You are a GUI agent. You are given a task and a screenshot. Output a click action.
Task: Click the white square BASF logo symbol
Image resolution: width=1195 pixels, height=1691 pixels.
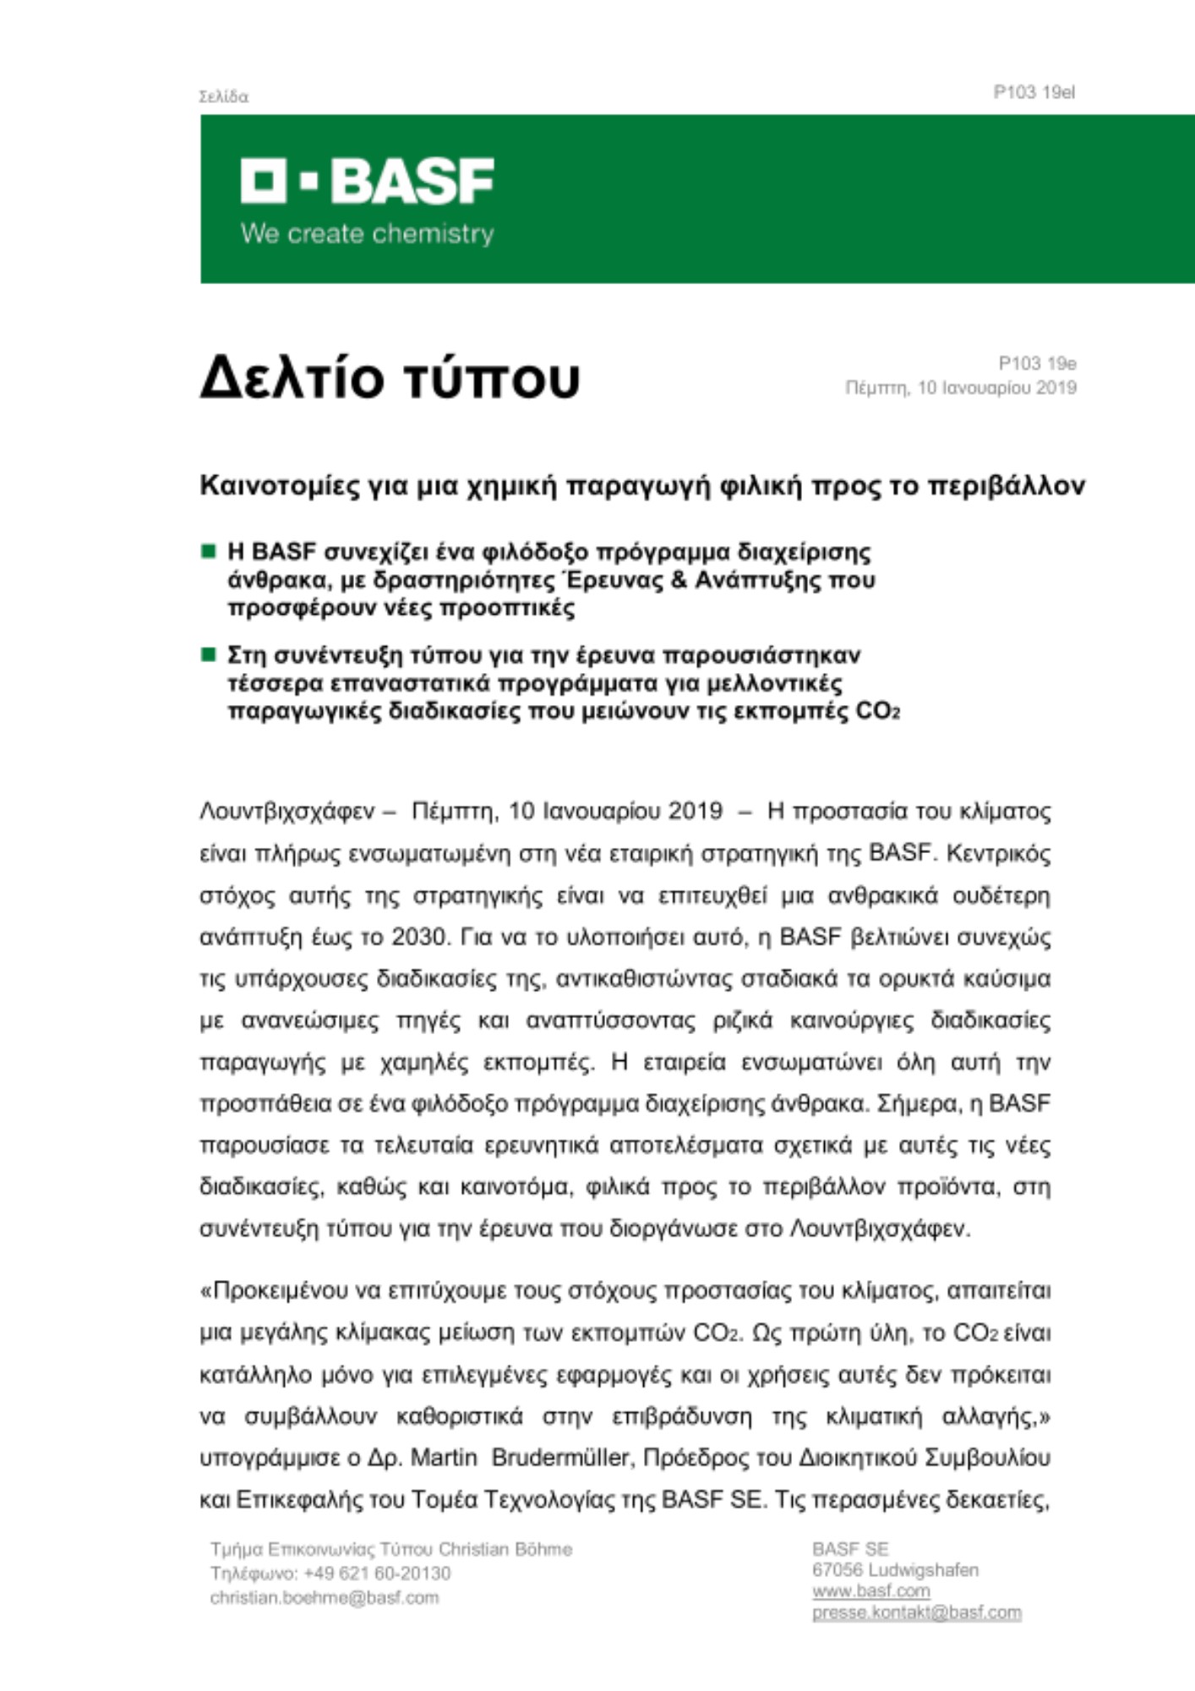263,180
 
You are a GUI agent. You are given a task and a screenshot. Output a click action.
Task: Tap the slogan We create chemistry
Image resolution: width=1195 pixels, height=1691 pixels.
367,233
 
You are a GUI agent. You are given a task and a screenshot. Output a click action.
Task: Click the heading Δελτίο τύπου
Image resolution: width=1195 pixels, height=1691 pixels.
390,378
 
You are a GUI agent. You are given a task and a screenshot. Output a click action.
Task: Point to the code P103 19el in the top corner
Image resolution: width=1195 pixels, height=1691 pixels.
1034,92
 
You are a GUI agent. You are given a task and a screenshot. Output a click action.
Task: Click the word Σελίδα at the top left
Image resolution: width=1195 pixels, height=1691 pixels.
223,97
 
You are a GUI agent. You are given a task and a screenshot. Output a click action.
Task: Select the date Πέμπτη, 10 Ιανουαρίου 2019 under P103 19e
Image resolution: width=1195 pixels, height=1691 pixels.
961,388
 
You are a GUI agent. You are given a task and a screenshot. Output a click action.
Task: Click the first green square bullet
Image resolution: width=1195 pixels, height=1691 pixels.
208,552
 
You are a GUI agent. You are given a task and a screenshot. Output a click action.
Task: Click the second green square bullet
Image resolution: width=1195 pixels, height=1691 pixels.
208,654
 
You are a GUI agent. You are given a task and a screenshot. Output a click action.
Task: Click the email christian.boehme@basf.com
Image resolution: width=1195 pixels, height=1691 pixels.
325,1597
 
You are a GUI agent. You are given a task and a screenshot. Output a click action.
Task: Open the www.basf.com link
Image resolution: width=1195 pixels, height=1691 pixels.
870,1591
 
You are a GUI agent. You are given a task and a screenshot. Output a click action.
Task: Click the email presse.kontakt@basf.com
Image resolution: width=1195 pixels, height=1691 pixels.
916,1612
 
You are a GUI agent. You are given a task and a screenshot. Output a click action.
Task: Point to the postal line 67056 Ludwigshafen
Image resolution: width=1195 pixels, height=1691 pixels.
895,1570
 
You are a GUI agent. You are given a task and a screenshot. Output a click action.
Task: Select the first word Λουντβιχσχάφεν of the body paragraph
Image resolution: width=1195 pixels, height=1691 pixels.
286,811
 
